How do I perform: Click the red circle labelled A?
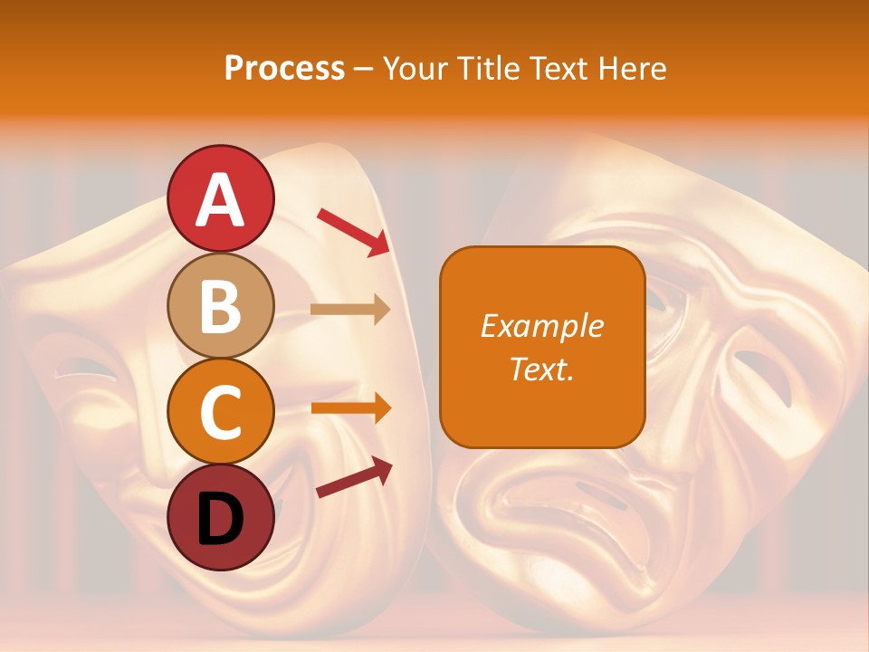pos(221,198)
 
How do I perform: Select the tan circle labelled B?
pos(221,306)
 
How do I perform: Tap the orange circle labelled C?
pos(221,412)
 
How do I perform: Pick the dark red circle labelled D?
pos(221,517)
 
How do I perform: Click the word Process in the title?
pos(284,68)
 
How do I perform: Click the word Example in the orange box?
pos(541,326)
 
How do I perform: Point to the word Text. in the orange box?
pos(541,369)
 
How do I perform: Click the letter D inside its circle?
pos(221,519)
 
